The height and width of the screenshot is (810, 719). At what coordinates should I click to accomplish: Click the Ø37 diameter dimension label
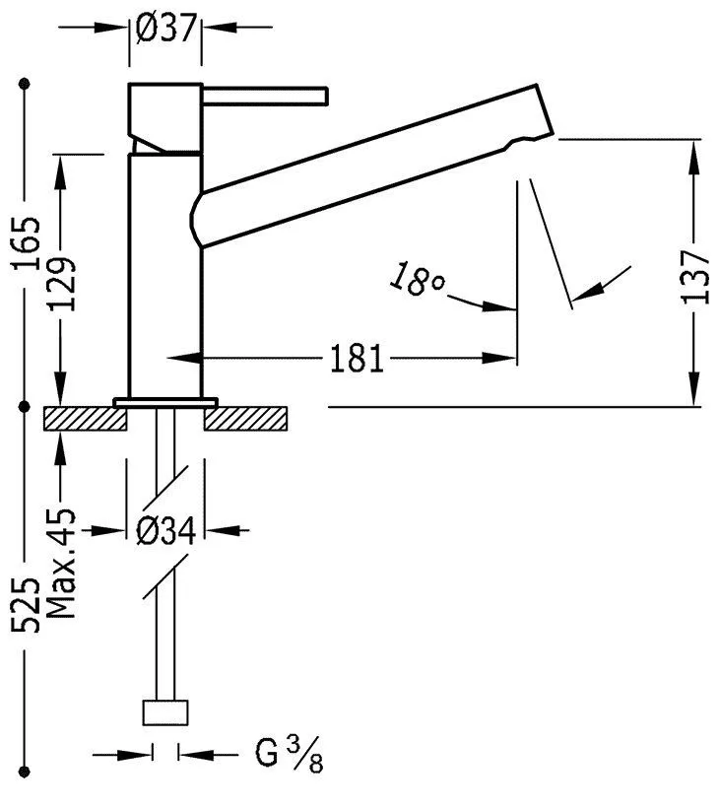click(x=165, y=31)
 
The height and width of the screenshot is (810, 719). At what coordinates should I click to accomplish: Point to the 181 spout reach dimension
click(x=356, y=359)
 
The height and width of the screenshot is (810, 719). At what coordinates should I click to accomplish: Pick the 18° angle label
click(x=416, y=280)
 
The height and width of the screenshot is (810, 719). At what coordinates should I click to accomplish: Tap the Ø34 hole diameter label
click(x=165, y=531)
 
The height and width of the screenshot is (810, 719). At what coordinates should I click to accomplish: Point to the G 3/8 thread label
click(x=289, y=756)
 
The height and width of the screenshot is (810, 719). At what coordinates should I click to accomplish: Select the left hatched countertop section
click(x=86, y=419)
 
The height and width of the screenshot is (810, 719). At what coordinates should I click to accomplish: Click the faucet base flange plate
click(x=165, y=401)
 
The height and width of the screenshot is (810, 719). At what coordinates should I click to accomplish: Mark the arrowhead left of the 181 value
click(x=182, y=359)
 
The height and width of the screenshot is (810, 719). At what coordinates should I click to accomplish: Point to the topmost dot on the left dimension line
click(x=25, y=84)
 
